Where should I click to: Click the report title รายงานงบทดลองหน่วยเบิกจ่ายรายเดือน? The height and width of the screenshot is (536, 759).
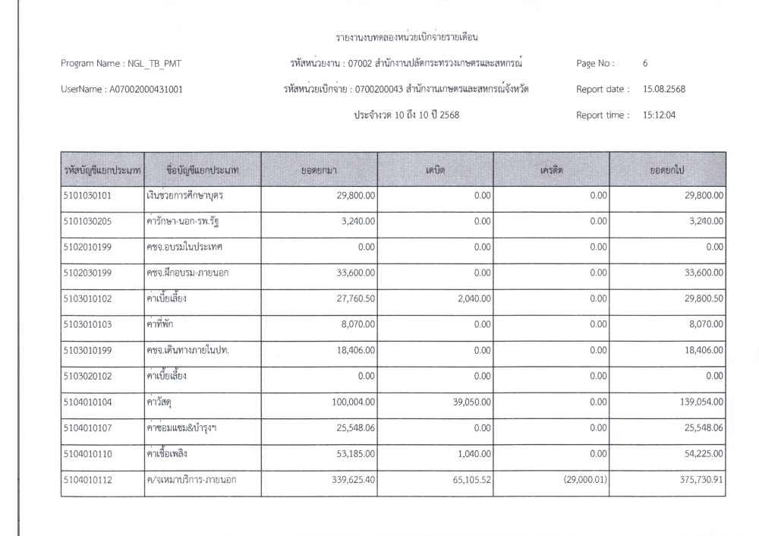tap(411, 36)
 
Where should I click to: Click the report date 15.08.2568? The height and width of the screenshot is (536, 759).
tap(664, 89)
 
